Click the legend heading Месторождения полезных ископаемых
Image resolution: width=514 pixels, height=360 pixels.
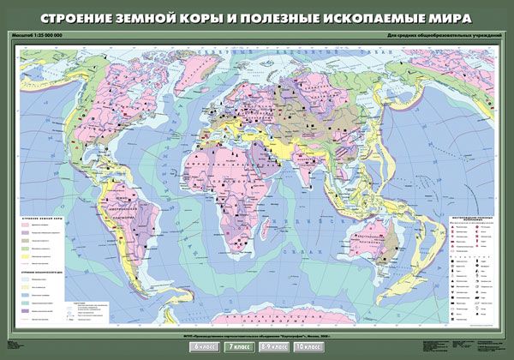(472, 221)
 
